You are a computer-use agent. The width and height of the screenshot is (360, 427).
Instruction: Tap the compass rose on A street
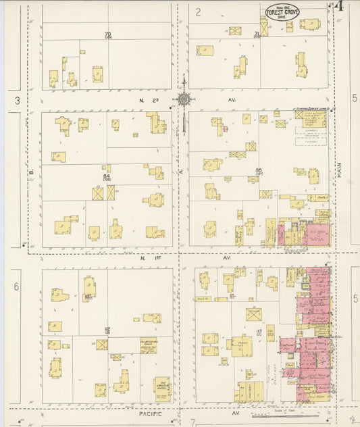(183, 99)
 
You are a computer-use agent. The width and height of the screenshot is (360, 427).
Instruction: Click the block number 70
(107, 34)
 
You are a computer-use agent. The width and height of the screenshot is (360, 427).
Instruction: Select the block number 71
(257, 33)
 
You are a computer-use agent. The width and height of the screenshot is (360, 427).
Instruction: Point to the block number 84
(106, 178)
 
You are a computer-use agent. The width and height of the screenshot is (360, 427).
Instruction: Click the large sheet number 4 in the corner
(340, 7)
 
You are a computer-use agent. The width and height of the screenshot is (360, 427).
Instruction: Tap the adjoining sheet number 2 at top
(199, 11)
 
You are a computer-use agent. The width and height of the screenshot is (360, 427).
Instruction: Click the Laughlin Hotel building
(162, 388)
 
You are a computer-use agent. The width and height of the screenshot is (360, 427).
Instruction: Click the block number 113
(258, 332)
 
